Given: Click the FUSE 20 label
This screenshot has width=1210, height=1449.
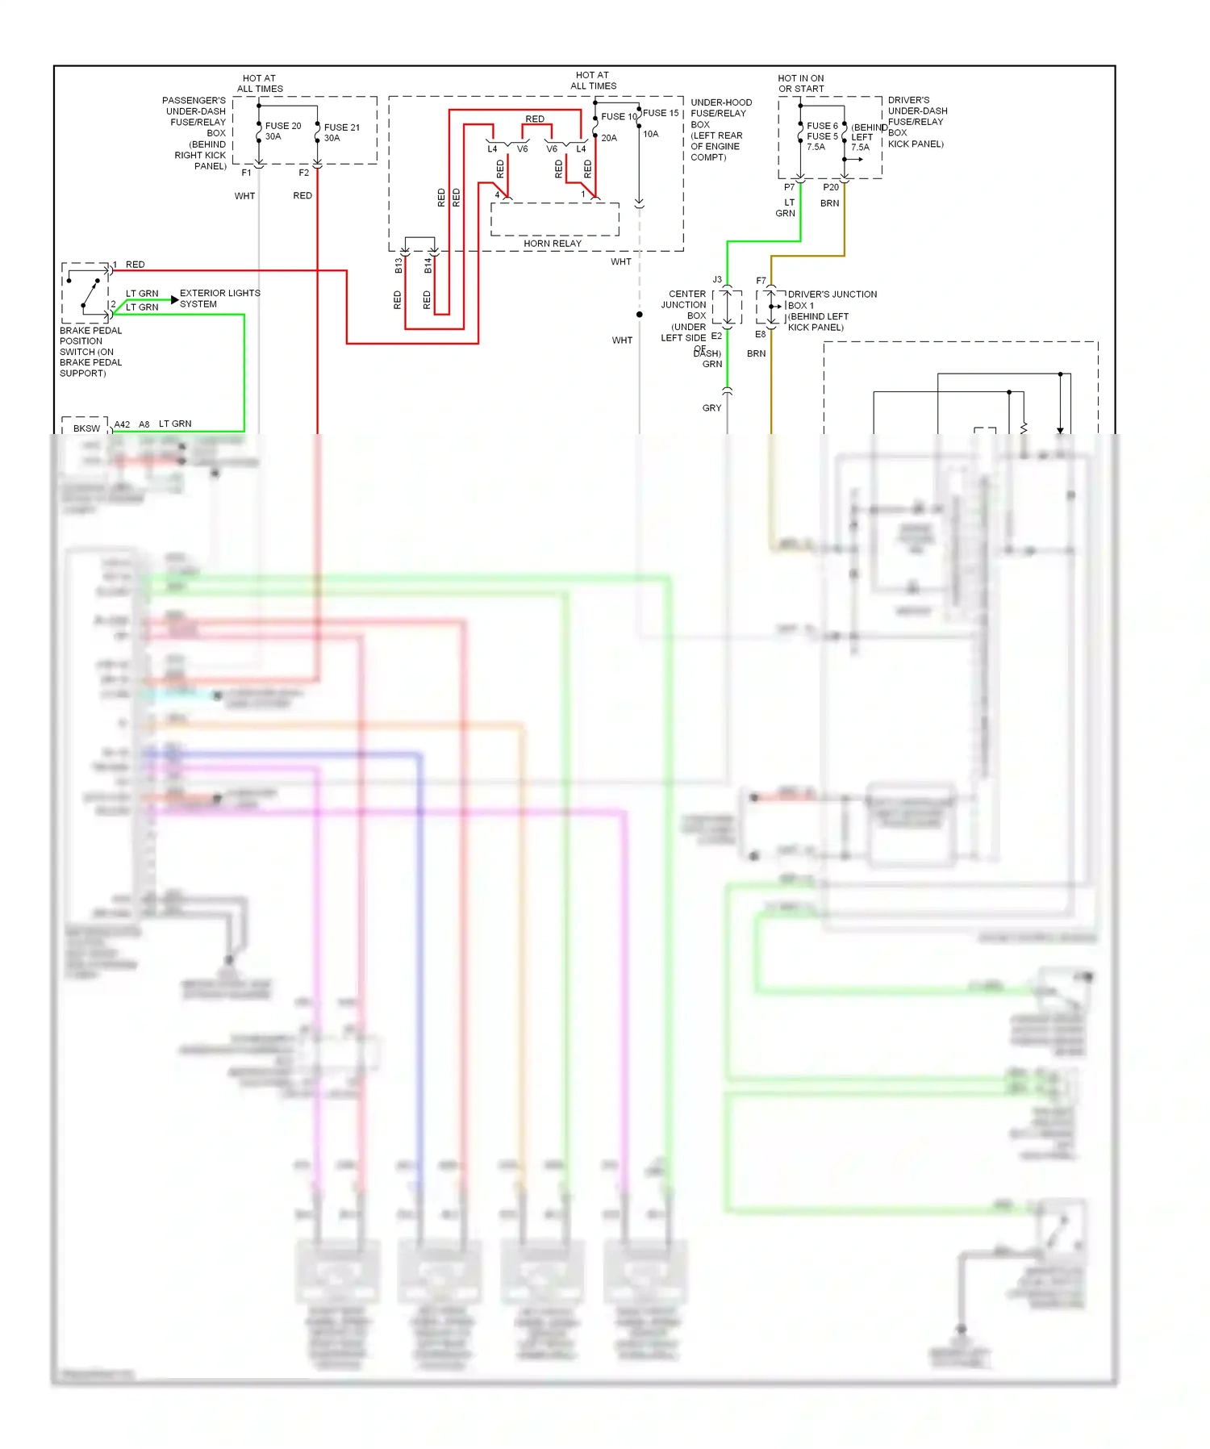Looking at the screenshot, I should point(282,126).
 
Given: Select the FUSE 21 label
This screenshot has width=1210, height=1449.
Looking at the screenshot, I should point(341,127).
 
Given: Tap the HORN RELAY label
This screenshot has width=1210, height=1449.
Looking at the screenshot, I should point(552,243).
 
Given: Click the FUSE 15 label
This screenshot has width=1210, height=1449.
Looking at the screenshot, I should point(661,113).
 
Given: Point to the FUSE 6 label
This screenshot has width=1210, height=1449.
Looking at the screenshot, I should point(822,126).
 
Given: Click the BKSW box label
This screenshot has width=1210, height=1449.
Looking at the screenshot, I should point(86,428).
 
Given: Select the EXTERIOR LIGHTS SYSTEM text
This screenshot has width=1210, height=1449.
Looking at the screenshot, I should point(219,299).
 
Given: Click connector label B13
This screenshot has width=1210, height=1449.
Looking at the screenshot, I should point(398,265).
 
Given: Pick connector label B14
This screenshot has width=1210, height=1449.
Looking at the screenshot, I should point(428,265).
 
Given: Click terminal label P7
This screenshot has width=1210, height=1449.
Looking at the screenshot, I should point(789,187).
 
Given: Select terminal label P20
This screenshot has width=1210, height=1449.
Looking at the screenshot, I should point(831,187).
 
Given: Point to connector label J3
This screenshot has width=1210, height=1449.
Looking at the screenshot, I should point(717,280).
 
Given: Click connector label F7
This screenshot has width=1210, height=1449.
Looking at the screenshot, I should point(761,281).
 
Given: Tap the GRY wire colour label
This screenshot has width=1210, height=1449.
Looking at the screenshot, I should point(711,408).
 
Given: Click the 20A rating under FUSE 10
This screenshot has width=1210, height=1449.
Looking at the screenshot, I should point(609,138).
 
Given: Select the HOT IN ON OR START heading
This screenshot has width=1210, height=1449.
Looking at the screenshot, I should point(801,83).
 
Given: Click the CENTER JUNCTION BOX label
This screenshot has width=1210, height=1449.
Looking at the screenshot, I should point(686,305).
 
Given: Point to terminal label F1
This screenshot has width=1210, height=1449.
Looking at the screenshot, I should point(246,173).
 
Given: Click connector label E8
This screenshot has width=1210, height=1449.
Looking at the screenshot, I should point(760,334).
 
